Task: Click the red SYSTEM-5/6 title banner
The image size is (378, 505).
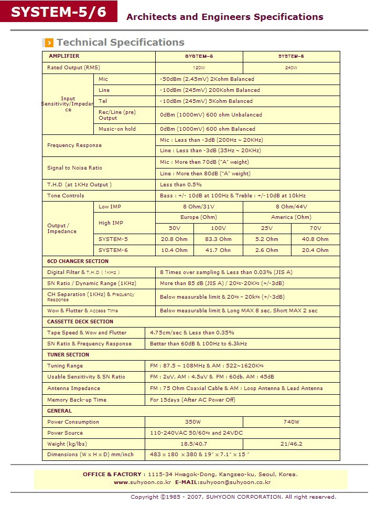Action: [58, 12]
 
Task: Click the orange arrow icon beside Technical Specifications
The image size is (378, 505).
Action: [49, 43]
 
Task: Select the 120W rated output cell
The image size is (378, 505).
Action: [199, 68]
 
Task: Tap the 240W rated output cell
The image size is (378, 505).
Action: [291, 68]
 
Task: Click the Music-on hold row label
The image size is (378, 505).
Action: [117, 129]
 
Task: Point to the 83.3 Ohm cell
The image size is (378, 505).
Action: [218, 239]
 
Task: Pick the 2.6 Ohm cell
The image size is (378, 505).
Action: [266, 250]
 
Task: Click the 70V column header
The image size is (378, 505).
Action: [315, 228]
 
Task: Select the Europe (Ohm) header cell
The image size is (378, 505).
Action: [199, 217]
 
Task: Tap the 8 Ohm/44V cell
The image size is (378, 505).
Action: [291, 207]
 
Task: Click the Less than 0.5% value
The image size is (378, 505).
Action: [181, 185]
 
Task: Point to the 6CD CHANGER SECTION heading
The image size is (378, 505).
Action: [78, 261]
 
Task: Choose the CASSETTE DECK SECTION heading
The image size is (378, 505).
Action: [80, 322]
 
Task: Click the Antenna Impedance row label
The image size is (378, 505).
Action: [73, 388]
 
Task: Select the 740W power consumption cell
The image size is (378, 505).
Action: [291, 422]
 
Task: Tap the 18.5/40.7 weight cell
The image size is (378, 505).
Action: [193, 444]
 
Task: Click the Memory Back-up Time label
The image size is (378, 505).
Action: [77, 400]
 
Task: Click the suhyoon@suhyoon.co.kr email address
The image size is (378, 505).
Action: [235, 482]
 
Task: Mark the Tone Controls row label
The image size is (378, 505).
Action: [66, 196]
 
